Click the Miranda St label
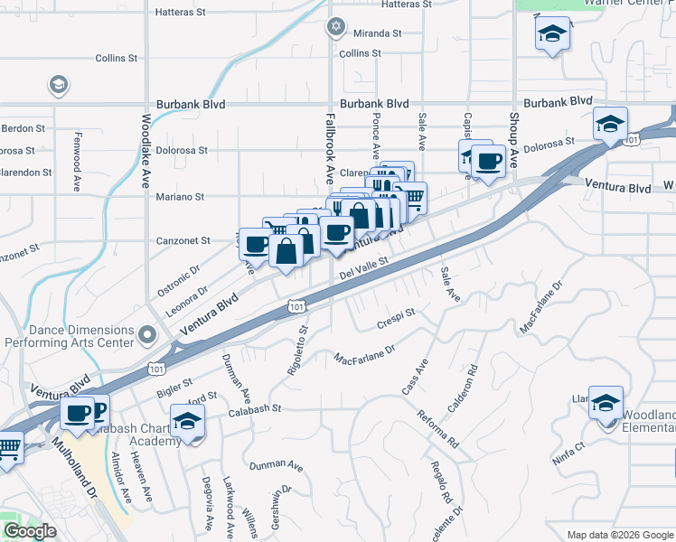point(378,33)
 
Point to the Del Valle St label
point(363,267)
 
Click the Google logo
point(30,531)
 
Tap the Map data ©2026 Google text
point(619,535)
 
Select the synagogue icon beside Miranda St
point(337,26)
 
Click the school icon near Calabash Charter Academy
point(188,421)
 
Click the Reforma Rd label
point(437,433)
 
